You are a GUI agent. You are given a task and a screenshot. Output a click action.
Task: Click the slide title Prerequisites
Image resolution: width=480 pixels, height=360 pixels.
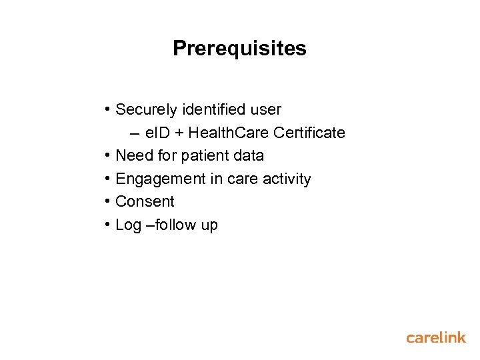pyautogui.click(x=239, y=49)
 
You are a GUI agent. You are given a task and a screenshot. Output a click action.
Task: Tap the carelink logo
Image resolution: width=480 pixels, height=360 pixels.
pyautogui.click(x=436, y=337)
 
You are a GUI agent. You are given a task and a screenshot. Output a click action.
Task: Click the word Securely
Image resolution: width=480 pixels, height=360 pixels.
pyautogui.click(x=142, y=109)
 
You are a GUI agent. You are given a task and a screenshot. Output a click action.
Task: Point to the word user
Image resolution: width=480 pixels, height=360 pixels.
pyautogui.click(x=267, y=109)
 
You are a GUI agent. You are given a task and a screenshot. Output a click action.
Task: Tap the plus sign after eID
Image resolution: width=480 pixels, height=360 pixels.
pyautogui.click(x=178, y=133)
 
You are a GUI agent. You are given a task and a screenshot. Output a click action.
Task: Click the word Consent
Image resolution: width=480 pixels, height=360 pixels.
pyautogui.click(x=145, y=201)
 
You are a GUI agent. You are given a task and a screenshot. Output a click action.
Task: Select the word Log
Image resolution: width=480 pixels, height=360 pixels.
pyautogui.click(x=128, y=225)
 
